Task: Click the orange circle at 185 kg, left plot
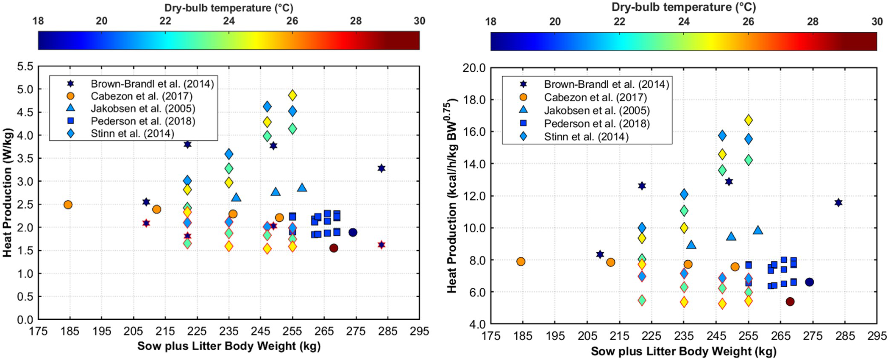[68, 205]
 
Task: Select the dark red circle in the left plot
[334, 248]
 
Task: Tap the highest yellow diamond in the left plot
[292, 95]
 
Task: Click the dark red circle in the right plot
[790, 302]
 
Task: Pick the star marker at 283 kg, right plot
[838, 203]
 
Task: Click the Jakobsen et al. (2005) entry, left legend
[142, 109]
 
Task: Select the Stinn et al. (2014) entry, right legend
[586, 137]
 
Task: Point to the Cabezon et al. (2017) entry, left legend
[142, 96]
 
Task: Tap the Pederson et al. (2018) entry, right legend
[596, 123]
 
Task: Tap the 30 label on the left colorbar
[419, 21]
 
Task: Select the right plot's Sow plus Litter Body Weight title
[683, 351]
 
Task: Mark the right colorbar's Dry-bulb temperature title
[683, 7]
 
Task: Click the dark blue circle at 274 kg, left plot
[353, 232]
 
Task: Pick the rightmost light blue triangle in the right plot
[758, 230]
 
